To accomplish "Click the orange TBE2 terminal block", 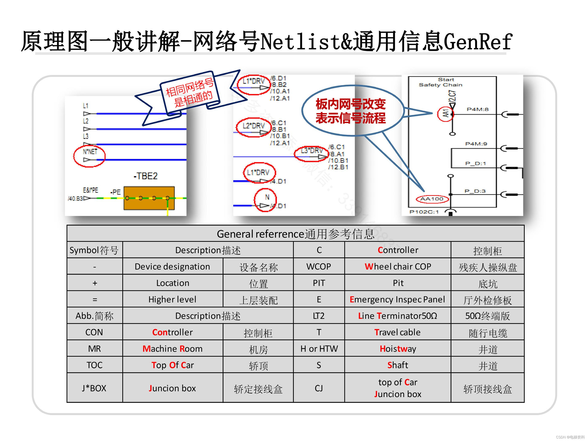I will click(149, 198).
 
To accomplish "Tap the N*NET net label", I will click(90, 152).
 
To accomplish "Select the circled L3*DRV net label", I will click(312, 151).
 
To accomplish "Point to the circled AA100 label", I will click(432, 199).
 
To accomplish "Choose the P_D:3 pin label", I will click(475, 191).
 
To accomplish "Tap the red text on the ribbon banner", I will click(190, 93).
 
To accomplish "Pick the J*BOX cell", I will click(94, 388).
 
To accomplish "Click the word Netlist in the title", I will click(300, 42).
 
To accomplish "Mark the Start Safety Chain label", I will click(441, 82).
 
